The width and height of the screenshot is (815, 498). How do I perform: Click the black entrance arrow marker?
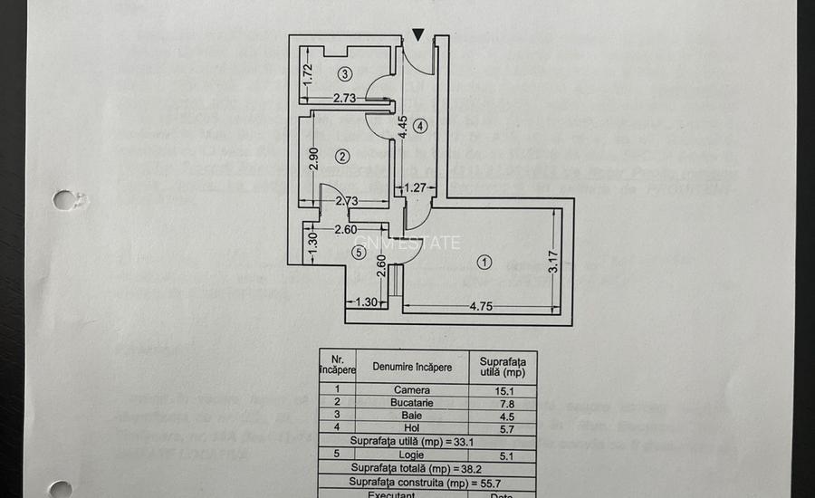coord(417,35)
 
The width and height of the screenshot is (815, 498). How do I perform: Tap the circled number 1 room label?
coord(484,263)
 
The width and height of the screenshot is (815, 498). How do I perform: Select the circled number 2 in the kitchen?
coord(341,157)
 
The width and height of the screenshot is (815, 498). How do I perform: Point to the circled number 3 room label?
coord(344,73)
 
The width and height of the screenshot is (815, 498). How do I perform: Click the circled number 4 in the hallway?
coord(419,126)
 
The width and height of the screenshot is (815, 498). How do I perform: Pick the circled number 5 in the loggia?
coord(360,254)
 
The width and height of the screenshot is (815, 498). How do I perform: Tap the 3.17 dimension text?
coord(553,262)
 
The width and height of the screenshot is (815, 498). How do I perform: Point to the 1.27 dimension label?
coord(415,189)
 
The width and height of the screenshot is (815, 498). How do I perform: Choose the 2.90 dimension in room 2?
coord(313,158)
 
